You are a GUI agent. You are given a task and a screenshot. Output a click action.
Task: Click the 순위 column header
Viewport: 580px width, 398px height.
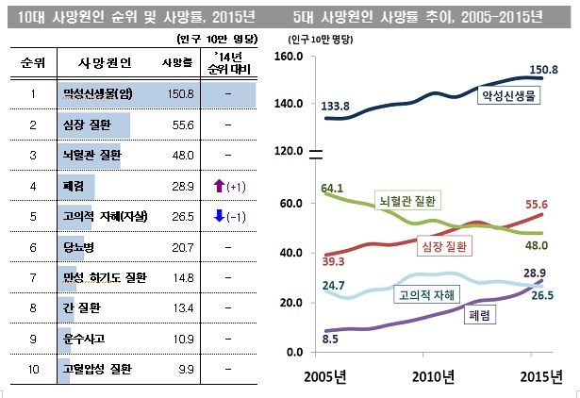point(32,62)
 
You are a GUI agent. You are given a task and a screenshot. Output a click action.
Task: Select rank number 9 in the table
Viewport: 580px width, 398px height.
point(32,337)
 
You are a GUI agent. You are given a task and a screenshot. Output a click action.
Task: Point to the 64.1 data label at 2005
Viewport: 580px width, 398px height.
point(331,189)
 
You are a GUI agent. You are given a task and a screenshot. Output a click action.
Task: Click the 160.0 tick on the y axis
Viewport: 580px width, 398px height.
point(288,58)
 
